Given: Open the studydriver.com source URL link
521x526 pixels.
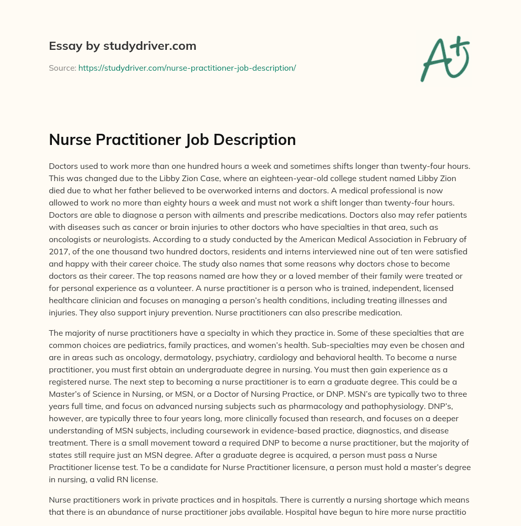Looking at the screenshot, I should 187,68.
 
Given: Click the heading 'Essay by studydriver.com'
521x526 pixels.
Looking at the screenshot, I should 122,46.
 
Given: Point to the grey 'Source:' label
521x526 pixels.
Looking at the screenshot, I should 62,68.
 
